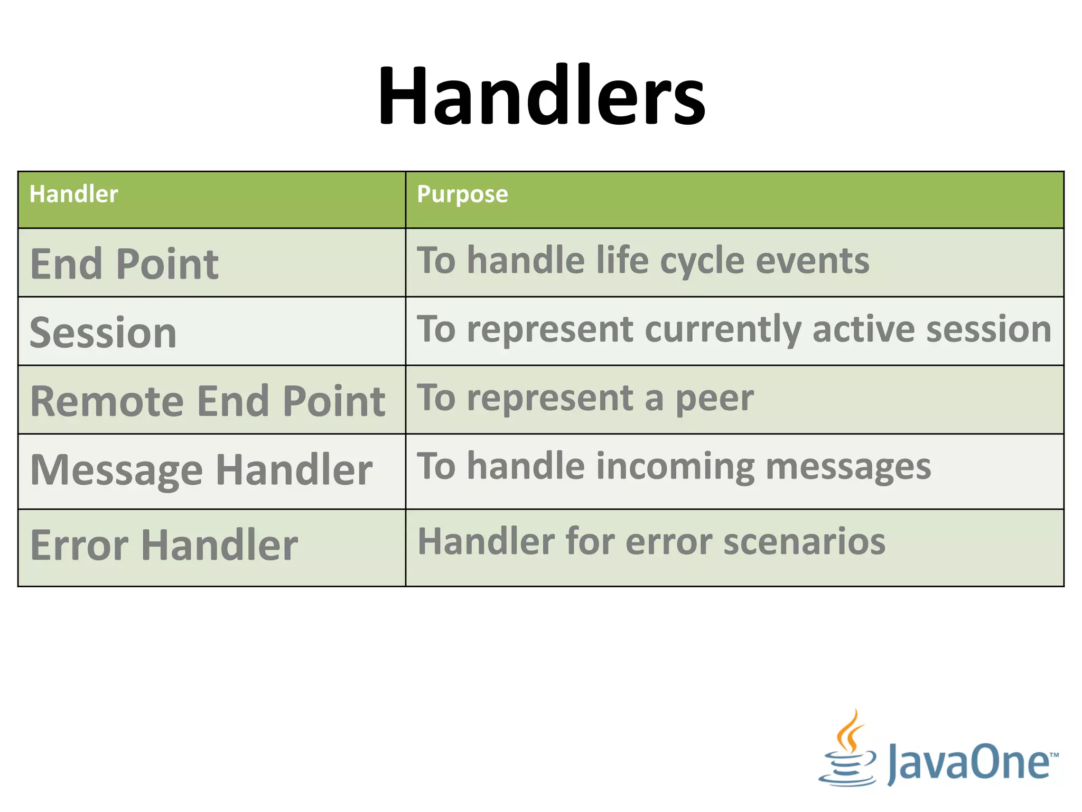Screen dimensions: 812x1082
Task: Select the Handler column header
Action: tap(73, 194)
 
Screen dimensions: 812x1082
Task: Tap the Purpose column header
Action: tap(462, 194)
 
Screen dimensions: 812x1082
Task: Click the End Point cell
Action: tap(124, 264)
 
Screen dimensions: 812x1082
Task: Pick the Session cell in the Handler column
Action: tap(103, 333)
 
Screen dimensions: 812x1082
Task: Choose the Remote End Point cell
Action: tap(208, 401)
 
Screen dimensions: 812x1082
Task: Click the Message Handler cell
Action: tap(201, 470)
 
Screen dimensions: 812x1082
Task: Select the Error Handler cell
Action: tap(164, 545)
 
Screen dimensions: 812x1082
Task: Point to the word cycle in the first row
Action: tap(702, 262)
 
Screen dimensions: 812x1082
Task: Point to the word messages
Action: tap(848, 468)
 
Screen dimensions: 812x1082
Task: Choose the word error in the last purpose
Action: tap(668, 542)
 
